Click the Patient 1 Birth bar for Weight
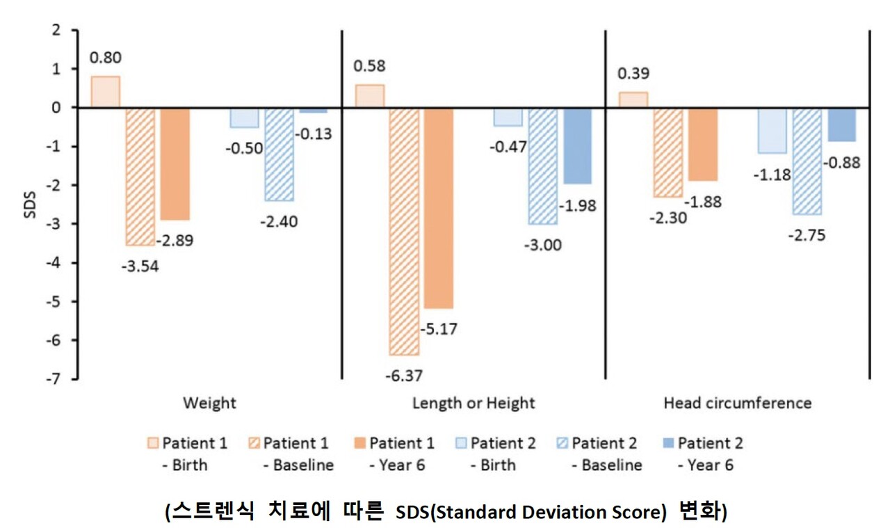click(x=105, y=92)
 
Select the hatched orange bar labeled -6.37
click(x=405, y=231)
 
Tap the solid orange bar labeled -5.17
click(x=439, y=207)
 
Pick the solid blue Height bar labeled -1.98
click(x=577, y=145)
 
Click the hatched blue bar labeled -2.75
click(x=807, y=161)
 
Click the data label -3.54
click(x=140, y=266)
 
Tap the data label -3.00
click(x=544, y=245)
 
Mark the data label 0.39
click(x=633, y=72)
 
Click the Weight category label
click(x=209, y=403)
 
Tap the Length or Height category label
click(x=474, y=403)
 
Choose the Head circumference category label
click(x=737, y=403)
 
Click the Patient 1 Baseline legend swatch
click(x=253, y=444)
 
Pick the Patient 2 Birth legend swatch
click(x=460, y=444)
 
